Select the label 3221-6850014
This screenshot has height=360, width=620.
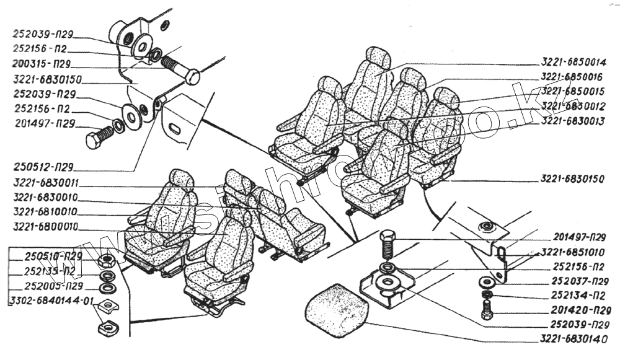coord(572,62)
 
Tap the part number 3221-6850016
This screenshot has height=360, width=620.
coord(572,77)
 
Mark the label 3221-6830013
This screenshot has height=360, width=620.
coord(572,121)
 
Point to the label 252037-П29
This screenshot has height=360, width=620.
coord(578,281)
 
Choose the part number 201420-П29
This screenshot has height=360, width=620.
coord(578,310)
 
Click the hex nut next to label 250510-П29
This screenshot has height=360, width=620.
coord(106,259)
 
